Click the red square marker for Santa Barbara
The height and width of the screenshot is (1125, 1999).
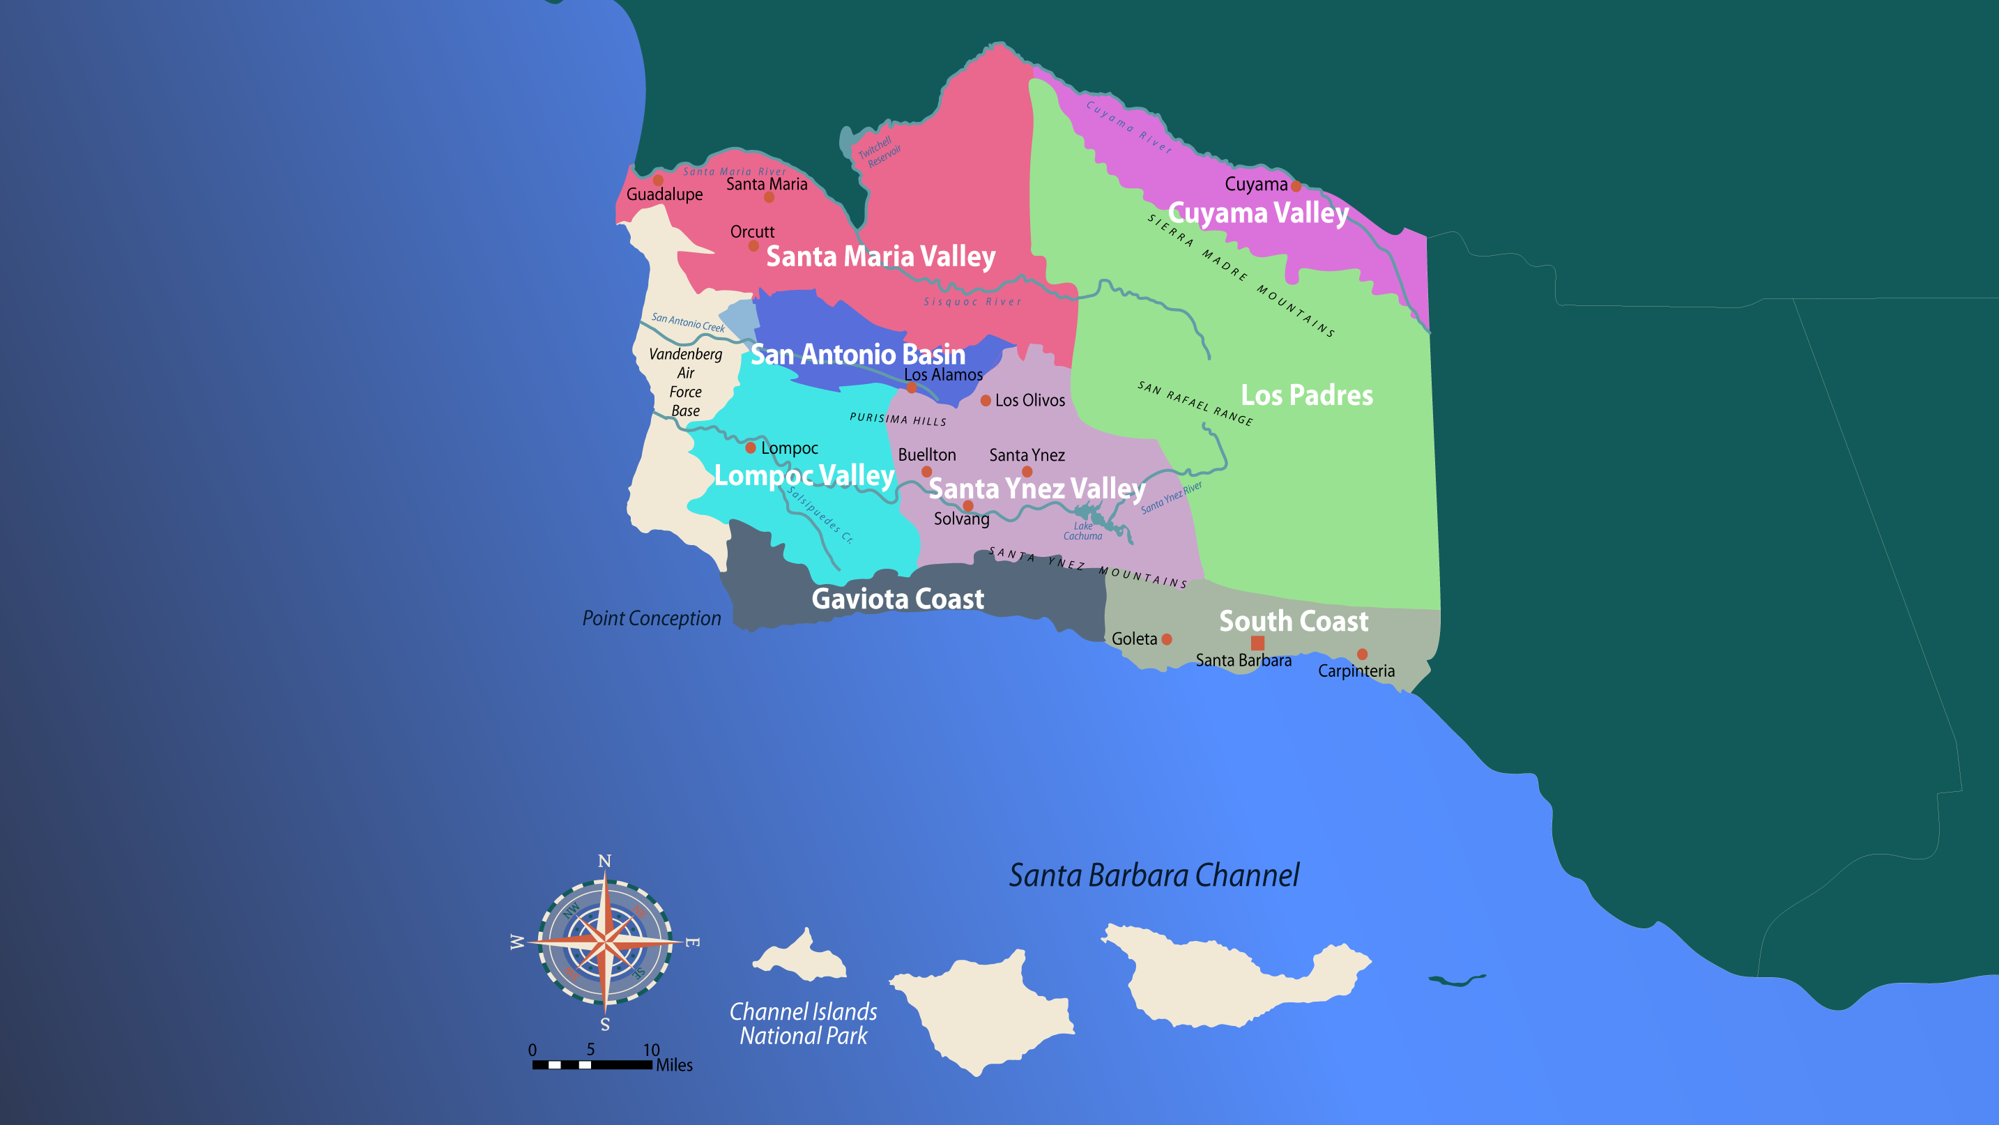(1258, 643)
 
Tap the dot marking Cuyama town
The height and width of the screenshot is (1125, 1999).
(1296, 186)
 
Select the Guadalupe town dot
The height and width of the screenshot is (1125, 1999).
(658, 180)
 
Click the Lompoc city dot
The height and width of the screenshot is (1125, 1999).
(751, 447)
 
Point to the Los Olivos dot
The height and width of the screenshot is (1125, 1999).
(986, 400)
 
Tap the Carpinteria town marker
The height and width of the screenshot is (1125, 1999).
(1362, 654)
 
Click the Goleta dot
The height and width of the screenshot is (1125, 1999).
(1166, 639)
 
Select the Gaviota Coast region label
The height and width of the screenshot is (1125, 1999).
(898, 599)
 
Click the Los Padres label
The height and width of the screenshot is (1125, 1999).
(1307, 395)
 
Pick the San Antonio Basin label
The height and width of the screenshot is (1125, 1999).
(857, 355)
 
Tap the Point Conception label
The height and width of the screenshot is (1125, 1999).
(652, 618)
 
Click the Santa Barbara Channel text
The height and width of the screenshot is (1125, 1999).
(1154, 875)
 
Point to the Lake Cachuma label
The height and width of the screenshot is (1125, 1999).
(1082, 530)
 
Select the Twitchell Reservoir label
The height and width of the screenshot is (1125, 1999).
(879, 152)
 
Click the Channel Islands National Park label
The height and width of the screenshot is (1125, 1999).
(803, 1023)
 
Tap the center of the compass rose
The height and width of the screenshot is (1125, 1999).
(605, 942)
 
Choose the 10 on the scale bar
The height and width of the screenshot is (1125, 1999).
(651, 1050)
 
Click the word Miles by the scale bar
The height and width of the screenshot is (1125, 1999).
(675, 1065)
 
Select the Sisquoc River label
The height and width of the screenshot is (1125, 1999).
(972, 302)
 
